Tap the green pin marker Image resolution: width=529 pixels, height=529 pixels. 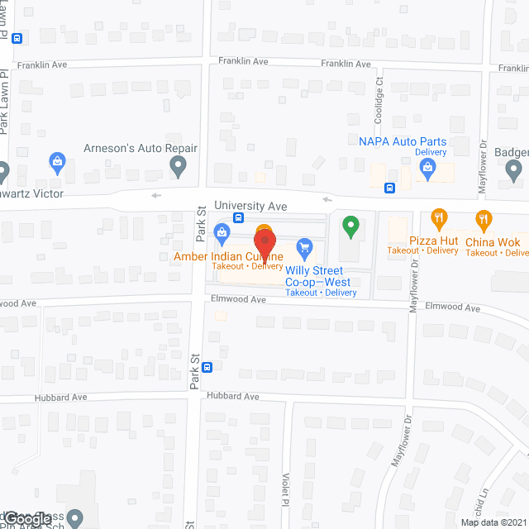click(350, 225)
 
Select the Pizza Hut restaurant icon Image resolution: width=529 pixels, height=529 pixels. click(438, 219)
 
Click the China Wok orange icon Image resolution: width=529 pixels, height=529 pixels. click(484, 219)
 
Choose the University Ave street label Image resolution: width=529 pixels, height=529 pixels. click(250, 205)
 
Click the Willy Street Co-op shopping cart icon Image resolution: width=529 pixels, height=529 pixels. click(304, 246)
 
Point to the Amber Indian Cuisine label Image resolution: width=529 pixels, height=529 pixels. click(228, 256)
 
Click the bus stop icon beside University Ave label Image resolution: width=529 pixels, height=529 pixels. click(238, 218)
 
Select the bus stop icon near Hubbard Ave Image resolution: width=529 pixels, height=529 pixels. click(207, 368)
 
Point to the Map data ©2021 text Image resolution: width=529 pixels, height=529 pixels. click(493, 522)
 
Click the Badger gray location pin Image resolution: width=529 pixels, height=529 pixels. click(513, 171)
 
